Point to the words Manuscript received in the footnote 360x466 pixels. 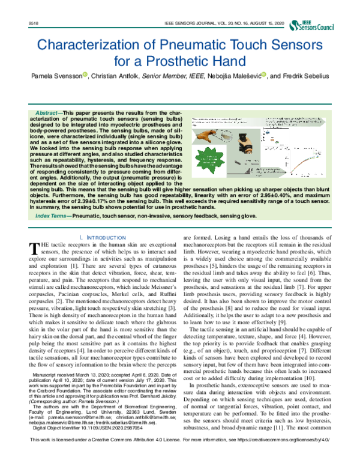57,373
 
